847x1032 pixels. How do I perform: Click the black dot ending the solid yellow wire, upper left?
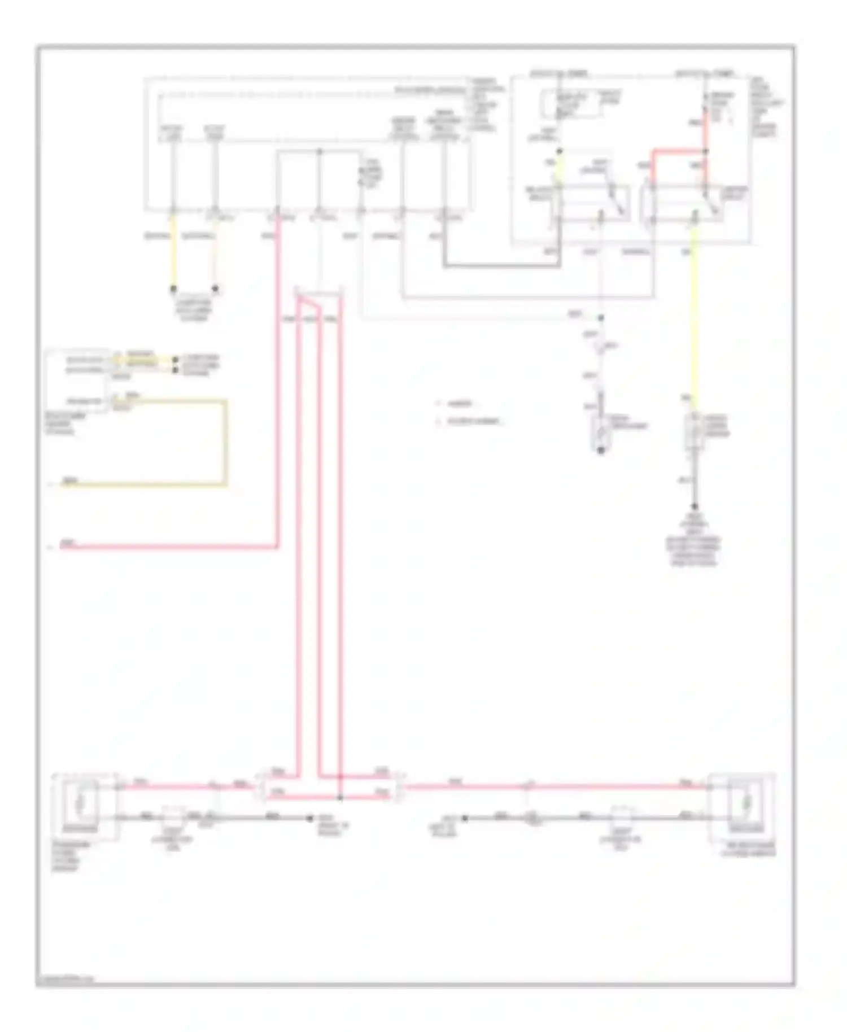[x=173, y=289]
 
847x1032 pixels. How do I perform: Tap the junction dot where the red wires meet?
[x=705, y=151]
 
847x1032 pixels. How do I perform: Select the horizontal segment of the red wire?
[x=678, y=151]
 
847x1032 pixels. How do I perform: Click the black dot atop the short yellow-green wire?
[x=559, y=151]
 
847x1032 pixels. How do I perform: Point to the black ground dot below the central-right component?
[x=601, y=451]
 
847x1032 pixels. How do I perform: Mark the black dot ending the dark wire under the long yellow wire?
[x=695, y=506]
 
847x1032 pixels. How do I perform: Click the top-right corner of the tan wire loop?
[x=226, y=401]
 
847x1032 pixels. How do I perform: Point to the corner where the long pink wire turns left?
[x=277, y=546]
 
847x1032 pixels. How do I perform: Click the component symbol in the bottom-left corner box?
[x=81, y=802]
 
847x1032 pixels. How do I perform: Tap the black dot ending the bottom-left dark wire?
[x=309, y=817]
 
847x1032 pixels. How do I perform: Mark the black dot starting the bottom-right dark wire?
[x=465, y=817]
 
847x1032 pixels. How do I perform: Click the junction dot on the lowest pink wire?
[x=340, y=797]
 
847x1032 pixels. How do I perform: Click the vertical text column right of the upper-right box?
[x=768, y=107]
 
